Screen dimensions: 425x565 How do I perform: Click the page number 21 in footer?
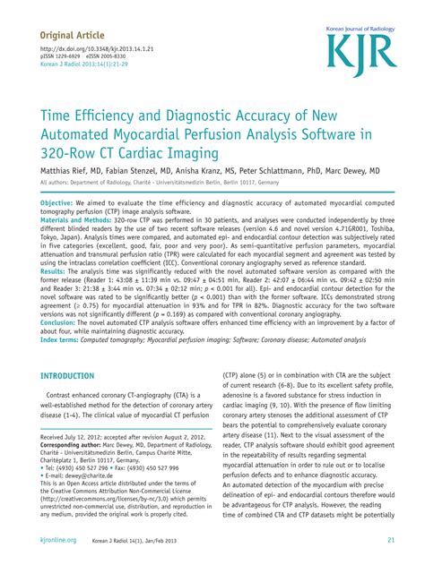(392, 540)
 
